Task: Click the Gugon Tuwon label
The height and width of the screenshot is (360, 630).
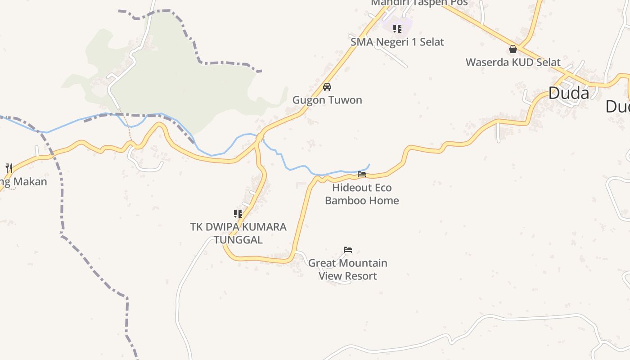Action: pos(327,100)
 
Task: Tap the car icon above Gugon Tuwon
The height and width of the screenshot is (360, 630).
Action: pos(327,87)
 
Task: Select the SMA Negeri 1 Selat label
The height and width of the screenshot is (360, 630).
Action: pos(397,42)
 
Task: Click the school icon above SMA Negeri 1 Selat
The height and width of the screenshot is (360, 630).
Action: pos(397,29)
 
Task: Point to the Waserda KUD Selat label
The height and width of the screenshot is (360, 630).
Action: pos(513,62)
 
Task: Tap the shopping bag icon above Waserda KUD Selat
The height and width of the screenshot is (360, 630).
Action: pos(513,49)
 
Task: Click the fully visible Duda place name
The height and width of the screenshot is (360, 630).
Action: pos(568,93)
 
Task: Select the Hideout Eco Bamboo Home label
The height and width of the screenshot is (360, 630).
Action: pos(362,194)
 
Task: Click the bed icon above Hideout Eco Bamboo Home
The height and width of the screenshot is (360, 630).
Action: pos(362,174)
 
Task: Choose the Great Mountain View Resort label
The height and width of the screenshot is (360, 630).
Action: pos(347,269)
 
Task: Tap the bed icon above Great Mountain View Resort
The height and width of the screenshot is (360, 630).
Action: pos(348,250)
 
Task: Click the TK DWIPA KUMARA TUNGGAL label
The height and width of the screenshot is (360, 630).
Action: pos(238,233)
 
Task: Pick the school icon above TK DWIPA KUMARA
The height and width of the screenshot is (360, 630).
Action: pos(238,213)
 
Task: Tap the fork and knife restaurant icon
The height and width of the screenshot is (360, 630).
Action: pos(9,168)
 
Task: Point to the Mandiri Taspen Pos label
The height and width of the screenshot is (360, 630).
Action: pos(419,3)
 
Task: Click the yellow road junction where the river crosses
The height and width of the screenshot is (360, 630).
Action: pos(259,138)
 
